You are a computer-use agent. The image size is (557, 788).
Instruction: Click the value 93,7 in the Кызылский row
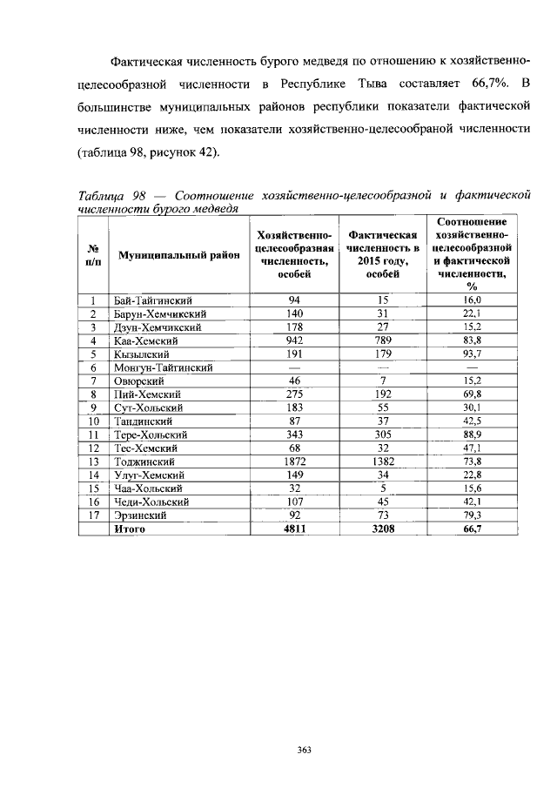point(473,354)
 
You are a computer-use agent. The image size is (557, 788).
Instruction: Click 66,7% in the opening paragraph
point(490,84)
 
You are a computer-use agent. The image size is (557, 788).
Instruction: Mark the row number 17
point(92,515)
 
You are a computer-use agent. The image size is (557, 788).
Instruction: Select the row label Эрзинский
point(140,515)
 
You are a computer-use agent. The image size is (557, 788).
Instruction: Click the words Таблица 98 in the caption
point(108,194)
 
